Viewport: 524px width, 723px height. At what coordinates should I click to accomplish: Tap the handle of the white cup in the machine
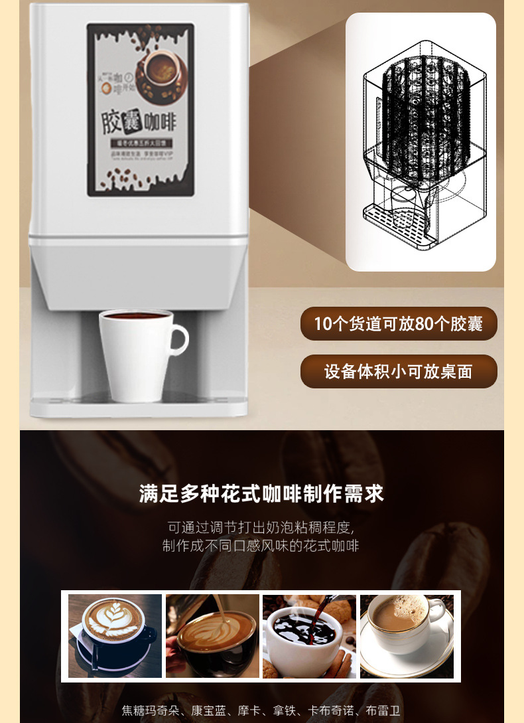tap(178, 340)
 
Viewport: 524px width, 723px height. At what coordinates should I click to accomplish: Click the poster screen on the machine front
tap(141, 110)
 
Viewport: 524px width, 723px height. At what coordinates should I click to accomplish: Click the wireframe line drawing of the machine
tap(420, 142)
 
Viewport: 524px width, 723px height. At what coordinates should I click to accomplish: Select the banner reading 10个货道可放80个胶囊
tap(398, 324)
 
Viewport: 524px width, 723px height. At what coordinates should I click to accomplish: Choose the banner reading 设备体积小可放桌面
tap(398, 371)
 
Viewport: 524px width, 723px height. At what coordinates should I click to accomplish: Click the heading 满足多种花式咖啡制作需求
tap(261, 494)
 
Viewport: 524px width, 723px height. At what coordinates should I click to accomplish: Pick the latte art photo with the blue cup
tap(115, 636)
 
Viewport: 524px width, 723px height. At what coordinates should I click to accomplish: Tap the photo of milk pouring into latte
tap(212, 636)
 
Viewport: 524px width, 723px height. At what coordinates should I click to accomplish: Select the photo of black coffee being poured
tap(309, 636)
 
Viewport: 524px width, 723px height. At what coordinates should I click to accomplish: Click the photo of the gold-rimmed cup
tap(407, 636)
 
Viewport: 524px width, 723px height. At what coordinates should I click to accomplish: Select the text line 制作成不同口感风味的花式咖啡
tap(261, 546)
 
